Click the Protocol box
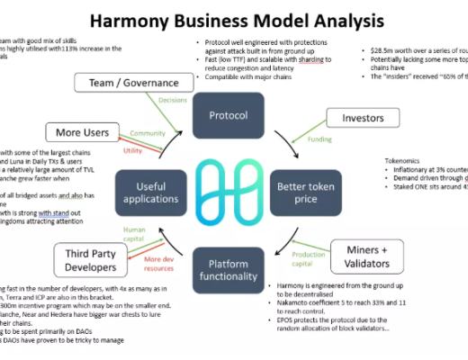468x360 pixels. (228, 115)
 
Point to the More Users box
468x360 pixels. (82, 134)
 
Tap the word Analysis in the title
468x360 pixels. (345, 20)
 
